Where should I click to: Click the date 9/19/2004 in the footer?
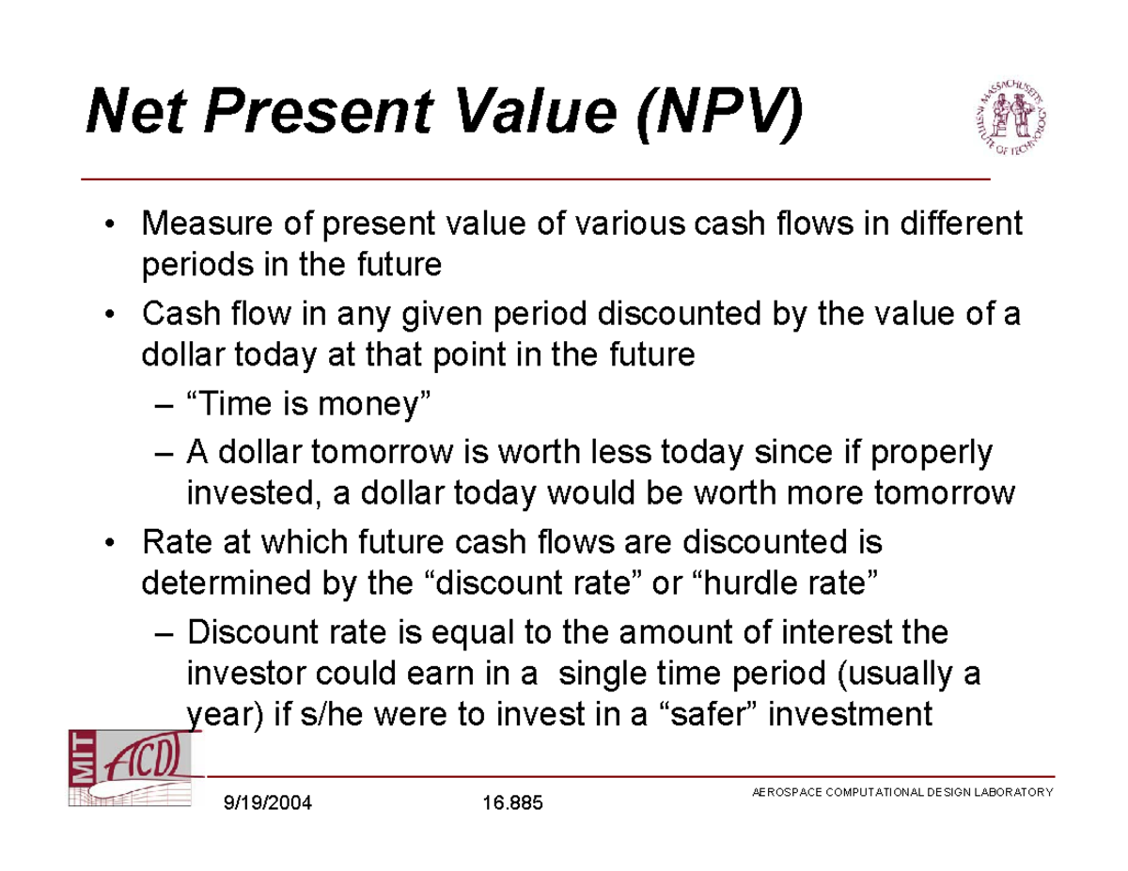267,802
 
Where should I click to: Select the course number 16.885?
512,802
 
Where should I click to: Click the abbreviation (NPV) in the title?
720,113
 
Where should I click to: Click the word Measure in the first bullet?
207,223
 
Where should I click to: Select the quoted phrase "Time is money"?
309,403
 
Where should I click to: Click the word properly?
932,453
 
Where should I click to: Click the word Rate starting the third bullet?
177,541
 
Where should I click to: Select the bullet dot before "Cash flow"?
109,315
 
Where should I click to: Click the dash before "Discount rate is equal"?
164,634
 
